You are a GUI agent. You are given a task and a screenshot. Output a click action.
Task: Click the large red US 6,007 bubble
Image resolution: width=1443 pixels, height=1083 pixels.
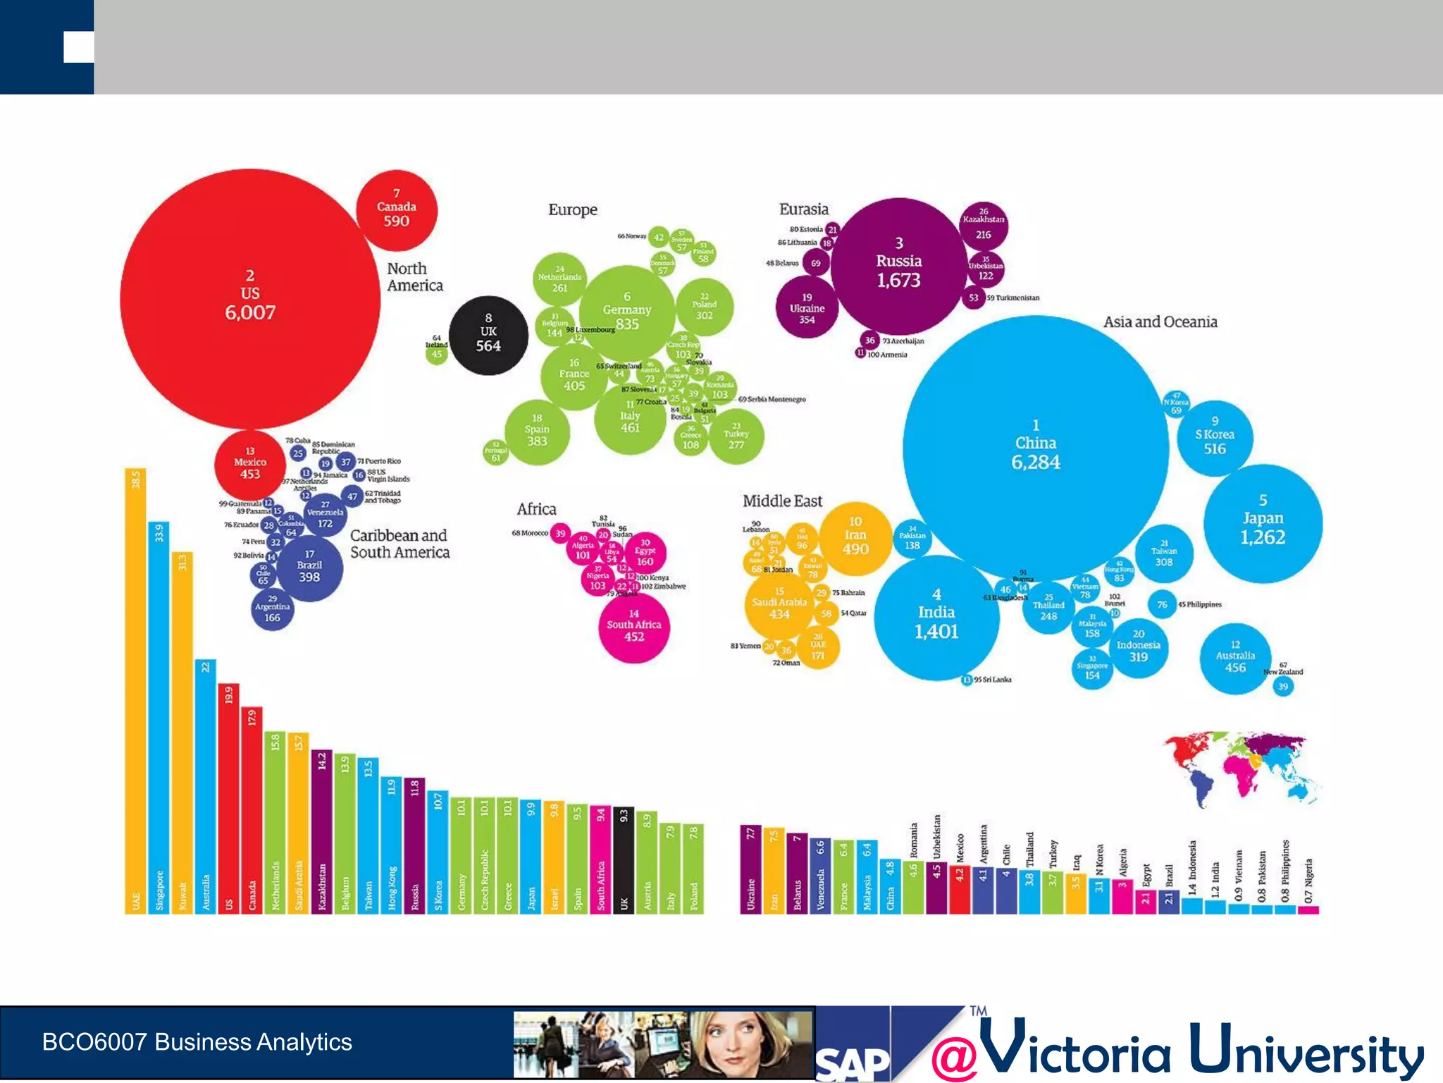click(x=250, y=298)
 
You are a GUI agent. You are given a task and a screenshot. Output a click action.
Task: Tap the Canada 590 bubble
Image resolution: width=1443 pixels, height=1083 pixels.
click(x=397, y=210)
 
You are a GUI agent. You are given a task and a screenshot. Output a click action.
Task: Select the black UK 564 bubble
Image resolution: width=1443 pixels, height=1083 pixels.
click(x=488, y=335)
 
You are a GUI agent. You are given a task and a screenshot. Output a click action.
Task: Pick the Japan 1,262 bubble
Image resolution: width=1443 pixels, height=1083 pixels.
click(x=1263, y=523)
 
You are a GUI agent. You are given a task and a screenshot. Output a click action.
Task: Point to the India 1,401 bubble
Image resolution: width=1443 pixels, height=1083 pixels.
click(x=936, y=618)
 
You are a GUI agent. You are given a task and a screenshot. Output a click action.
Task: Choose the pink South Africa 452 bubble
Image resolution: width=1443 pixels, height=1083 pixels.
click(x=634, y=627)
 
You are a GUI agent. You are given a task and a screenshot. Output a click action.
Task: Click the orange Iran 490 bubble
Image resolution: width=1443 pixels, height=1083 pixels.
click(x=855, y=538)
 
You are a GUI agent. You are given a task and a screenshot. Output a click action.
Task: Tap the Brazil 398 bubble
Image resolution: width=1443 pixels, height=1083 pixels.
click(x=309, y=568)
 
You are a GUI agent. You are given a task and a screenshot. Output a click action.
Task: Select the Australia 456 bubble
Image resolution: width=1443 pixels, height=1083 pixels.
click(x=1235, y=659)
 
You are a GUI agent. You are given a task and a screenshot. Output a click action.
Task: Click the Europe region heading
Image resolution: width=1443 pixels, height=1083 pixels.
click(x=573, y=210)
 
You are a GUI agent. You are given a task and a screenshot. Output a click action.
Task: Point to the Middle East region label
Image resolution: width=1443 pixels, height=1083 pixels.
click(x=782, y=501)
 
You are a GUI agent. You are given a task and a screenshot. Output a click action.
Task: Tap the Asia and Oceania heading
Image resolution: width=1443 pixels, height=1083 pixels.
click(x=1160, y=322)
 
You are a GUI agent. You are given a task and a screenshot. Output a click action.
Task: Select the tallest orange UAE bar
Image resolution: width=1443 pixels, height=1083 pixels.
click(x=135, y=691)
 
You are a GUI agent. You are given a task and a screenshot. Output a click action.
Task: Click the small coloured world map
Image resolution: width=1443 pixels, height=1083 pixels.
click(x=1240, y=769)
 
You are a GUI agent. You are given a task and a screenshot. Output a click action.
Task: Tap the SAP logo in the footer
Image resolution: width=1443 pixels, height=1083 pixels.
click(x=853, y=1061)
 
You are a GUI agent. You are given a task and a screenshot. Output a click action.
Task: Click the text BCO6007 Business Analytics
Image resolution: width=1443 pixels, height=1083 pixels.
click(x=197, y=1042)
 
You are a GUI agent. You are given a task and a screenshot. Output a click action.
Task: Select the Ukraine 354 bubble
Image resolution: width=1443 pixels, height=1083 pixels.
click(x=807, y=309)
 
